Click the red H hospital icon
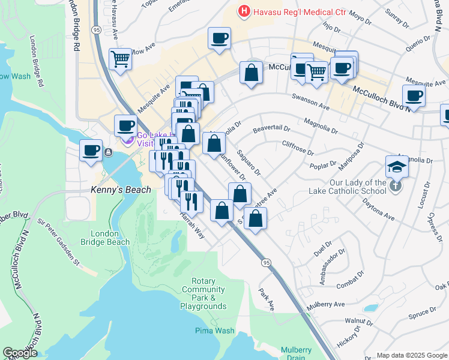point(244,11)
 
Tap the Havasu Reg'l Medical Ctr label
point(292,11)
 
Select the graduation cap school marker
point(397,166)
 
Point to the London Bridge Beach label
point(109,238)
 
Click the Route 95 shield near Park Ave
point(265,262)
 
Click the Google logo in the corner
point(20,353)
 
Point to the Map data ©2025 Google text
point(411,355)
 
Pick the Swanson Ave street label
point(311,102)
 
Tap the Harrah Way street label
point(191,226)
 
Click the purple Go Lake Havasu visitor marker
point(127,139)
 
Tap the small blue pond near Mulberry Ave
point(371,308)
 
